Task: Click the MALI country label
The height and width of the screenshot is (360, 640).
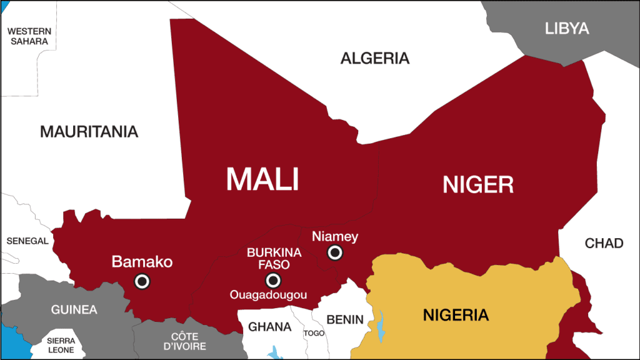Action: pos(262,179)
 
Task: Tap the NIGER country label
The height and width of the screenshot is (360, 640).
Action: pos(478,184)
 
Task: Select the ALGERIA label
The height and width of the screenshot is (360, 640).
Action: pos(375,59)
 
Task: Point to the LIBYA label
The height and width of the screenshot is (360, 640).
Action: pos(567,28)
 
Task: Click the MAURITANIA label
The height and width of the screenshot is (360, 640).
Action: pos(89,132)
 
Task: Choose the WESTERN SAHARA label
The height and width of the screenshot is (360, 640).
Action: pos(29,36)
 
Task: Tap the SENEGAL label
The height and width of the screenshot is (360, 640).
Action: pos(27,241)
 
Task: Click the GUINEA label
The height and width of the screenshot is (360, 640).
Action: pos(74,309)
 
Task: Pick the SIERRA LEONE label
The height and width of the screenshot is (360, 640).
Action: pos(61,345)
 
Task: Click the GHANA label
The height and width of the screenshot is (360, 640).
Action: pos(270,327)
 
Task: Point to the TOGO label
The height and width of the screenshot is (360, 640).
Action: pos(314,333)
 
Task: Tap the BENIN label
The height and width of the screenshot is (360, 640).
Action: pos(344,319)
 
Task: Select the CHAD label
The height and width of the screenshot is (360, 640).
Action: pos(604,243)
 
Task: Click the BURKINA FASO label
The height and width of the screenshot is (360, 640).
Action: pos(274,259)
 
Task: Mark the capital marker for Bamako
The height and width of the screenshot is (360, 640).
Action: pos(142,282)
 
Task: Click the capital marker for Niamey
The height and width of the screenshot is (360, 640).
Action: pos(335,252)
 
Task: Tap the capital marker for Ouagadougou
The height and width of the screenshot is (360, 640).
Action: pos(272,280)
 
